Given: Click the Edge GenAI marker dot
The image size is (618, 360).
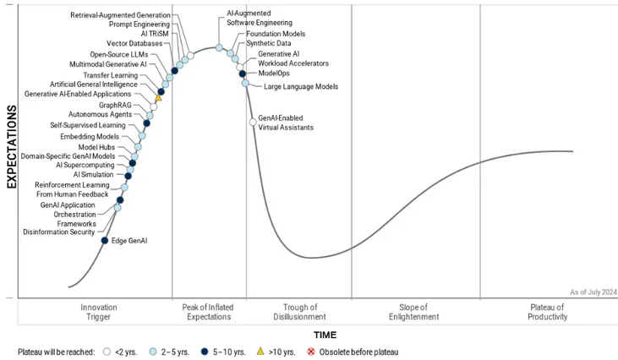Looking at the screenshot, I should coord(105,241).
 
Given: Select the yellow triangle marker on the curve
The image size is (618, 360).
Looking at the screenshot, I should coord(158,98).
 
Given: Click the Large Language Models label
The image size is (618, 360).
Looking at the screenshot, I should coord(301,86).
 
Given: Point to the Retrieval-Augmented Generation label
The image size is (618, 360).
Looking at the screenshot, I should coord(120,15).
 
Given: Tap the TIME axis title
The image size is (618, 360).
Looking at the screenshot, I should coord(325,335).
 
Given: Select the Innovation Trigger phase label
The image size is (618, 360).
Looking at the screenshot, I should coord(99,312).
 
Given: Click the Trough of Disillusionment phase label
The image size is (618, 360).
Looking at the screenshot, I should coord(299,312).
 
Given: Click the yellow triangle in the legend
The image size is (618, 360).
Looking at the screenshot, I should coord(260,352).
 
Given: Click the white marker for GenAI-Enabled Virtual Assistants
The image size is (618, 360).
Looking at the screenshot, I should coord(253,123).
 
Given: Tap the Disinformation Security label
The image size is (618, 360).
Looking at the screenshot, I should coord(59,232).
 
